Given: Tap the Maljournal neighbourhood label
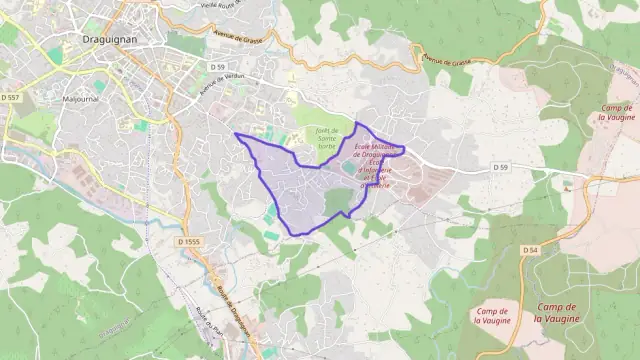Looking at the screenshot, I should [85, 99].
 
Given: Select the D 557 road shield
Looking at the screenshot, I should [11, 97].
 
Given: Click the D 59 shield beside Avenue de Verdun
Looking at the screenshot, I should [217, 66].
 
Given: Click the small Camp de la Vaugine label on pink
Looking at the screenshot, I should [492, 318].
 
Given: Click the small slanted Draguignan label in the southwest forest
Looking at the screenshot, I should [116, 326].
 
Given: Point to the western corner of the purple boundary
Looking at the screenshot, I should [235, 134].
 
